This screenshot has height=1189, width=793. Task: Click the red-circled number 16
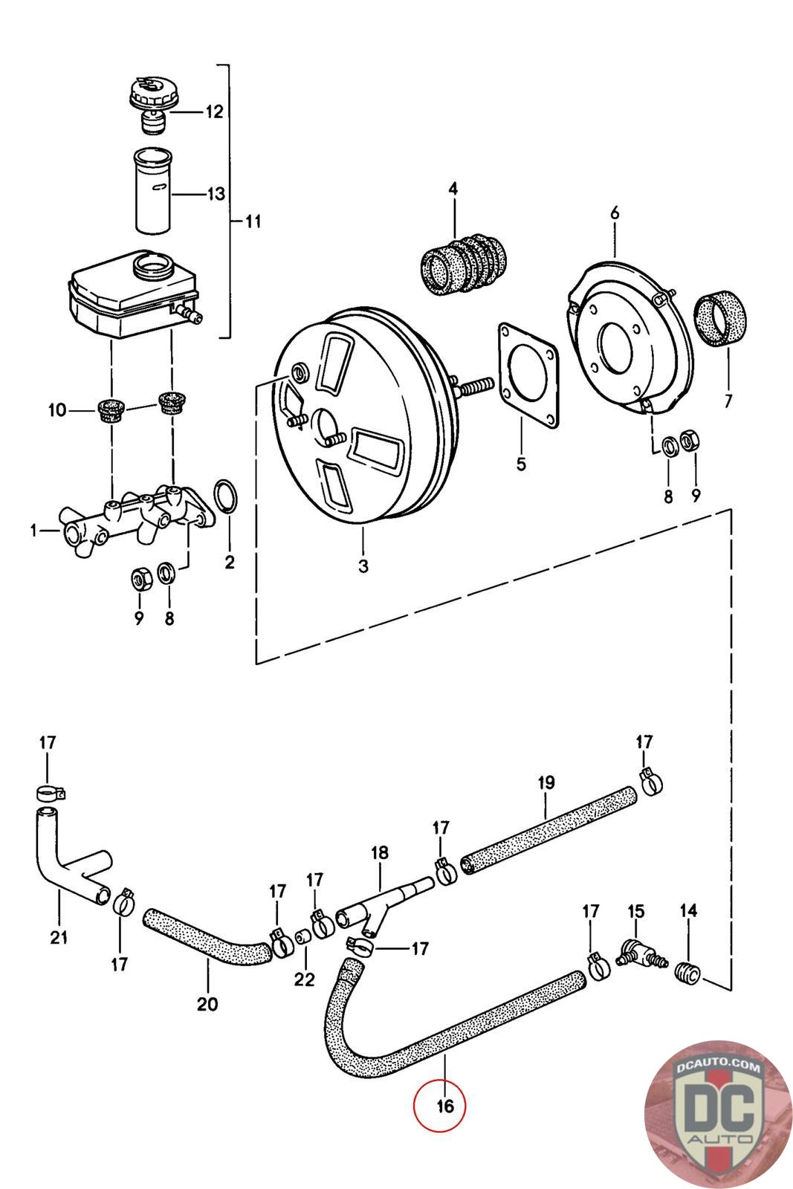445,1107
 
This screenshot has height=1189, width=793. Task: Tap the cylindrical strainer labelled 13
153,190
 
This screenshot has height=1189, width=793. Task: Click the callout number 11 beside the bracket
253,221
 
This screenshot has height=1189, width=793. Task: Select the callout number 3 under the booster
363,566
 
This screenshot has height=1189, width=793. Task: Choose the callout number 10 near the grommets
56,409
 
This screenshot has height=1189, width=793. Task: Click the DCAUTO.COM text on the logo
718,1066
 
